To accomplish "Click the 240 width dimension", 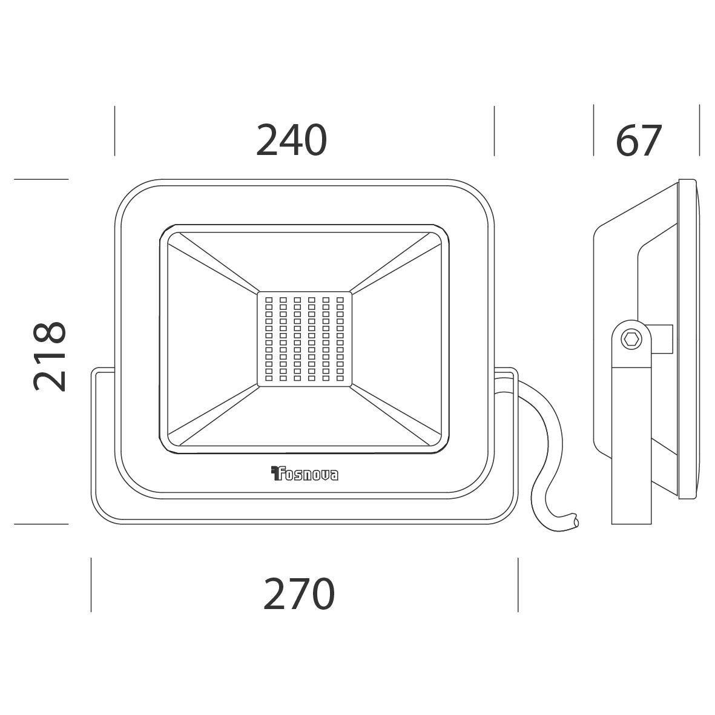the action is click(291, 139).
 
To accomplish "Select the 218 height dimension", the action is click(50, 356).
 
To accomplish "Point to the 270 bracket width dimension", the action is click(299, 594).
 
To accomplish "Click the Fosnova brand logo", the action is click(305, 473).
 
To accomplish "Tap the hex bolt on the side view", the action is click(631, 339).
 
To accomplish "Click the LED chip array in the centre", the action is click(304, 339).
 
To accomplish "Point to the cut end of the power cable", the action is click(576, 522).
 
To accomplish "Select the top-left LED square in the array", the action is click(269, 300).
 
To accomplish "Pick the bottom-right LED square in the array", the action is click(340, 378).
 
